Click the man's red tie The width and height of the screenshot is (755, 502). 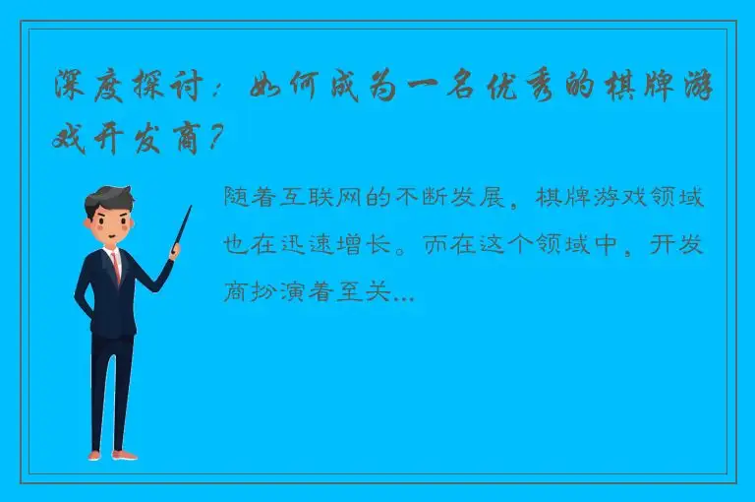pos(116,265)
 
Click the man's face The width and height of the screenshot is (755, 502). pos(109,227)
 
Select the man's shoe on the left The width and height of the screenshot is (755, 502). pos(94,455)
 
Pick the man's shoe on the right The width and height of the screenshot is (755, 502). pos(125,454)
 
